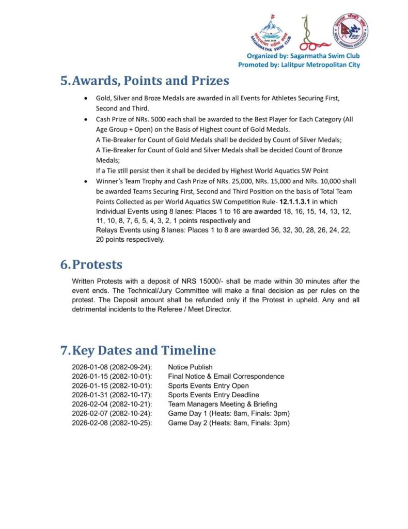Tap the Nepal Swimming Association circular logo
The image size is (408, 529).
pos(351,31)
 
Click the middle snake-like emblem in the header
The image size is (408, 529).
pos(310,32)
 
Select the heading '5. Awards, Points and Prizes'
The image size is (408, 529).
pos(145,81)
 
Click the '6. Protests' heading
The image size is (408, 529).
pos(91,264)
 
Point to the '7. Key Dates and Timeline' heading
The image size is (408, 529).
pos(138,350)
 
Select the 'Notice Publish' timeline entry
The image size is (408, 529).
pos(190,367)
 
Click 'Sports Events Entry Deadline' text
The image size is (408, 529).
pos(213,395)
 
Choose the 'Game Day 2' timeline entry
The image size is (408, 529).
pos(229,423)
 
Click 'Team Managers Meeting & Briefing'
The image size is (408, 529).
pos(223,404)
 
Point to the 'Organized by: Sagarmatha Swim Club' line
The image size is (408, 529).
pos(303,56)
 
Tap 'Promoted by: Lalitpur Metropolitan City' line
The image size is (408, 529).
pos(299,65)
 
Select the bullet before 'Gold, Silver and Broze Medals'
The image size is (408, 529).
pos(85,98)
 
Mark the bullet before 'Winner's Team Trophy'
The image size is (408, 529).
pos(85,182)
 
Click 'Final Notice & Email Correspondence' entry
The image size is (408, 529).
pos(226,377)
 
